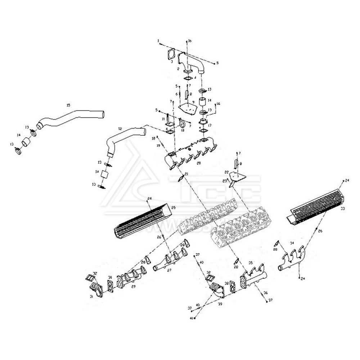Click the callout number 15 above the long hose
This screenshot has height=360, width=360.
[x=68, y=105]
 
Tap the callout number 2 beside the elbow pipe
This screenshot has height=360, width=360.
[x=178, y=68]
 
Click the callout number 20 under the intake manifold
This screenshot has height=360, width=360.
[x=199, y=163]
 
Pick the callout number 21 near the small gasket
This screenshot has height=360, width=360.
[x=186, y=174]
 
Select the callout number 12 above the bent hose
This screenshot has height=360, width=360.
[x=120, y=129]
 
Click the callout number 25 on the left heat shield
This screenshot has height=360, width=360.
[x=173, y=208]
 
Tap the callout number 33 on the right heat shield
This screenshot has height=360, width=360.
[x=342, y=209]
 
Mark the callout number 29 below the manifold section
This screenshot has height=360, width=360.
[x=133, y=287]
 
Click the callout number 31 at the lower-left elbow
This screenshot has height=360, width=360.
[x=91, y=297]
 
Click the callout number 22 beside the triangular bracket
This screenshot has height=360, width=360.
[x=226, y=172]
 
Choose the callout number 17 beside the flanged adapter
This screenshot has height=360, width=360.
[x=210, y=125]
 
